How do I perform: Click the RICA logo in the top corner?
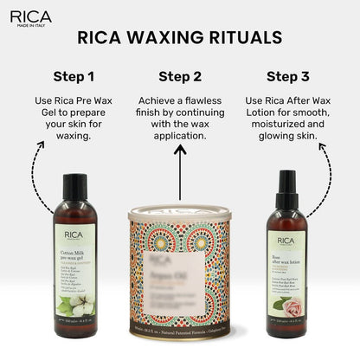pyautogui.click(x=30, y=16)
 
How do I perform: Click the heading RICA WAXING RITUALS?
pyautogui.click(x=179, y=39)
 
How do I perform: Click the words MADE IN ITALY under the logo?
pyautogui.click(x=30, y=25)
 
